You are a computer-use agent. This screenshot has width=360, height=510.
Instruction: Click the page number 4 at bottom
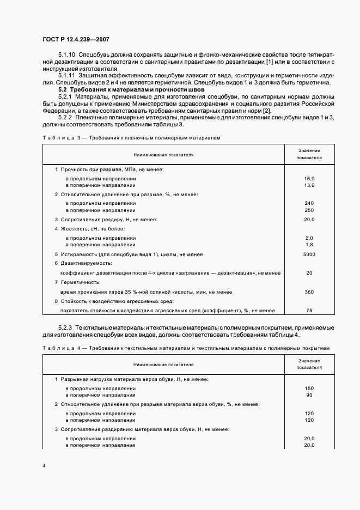(44, 466)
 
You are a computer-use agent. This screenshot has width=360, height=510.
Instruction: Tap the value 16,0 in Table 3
(309, 178)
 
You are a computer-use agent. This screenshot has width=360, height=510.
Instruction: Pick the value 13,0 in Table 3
(309, 185)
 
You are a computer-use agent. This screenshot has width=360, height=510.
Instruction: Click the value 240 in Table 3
(309, 203)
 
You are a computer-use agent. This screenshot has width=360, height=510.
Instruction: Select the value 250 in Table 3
(309, 210)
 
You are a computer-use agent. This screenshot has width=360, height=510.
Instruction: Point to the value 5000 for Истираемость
(309, 254)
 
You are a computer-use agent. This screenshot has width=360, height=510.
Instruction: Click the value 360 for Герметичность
(309, 292)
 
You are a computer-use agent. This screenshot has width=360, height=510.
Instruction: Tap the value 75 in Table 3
(309, 311)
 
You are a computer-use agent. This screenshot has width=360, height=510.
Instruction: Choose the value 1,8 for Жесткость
(309, 245)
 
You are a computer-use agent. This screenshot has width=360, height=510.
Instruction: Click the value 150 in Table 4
(309, 388)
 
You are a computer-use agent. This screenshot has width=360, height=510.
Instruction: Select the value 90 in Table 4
(309, 395)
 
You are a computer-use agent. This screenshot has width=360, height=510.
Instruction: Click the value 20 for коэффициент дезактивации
(309, 273)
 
